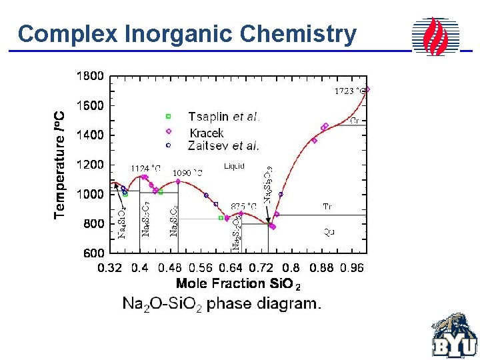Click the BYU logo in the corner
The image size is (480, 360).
(453, 336)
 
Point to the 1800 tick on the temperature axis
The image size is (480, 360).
(90, 76)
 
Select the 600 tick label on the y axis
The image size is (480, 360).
(93, 253)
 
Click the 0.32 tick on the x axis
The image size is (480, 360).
(110, 268)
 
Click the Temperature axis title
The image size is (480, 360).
(60, 163)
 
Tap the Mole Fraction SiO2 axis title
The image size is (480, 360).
(238, 284)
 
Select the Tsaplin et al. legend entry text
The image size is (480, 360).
(223, 117)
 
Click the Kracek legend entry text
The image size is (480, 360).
(207, 133)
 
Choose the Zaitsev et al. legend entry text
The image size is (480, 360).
(223, 145)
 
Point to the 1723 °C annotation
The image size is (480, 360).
(349, 91)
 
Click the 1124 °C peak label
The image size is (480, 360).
(145, 168)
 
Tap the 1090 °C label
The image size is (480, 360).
(187, 173)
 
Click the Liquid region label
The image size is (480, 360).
(234, 166)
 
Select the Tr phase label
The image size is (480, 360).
(327, 207)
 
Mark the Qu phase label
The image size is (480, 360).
(329, 232)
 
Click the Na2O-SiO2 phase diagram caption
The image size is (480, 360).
(222, 305)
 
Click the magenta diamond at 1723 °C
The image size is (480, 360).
(367, 89)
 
